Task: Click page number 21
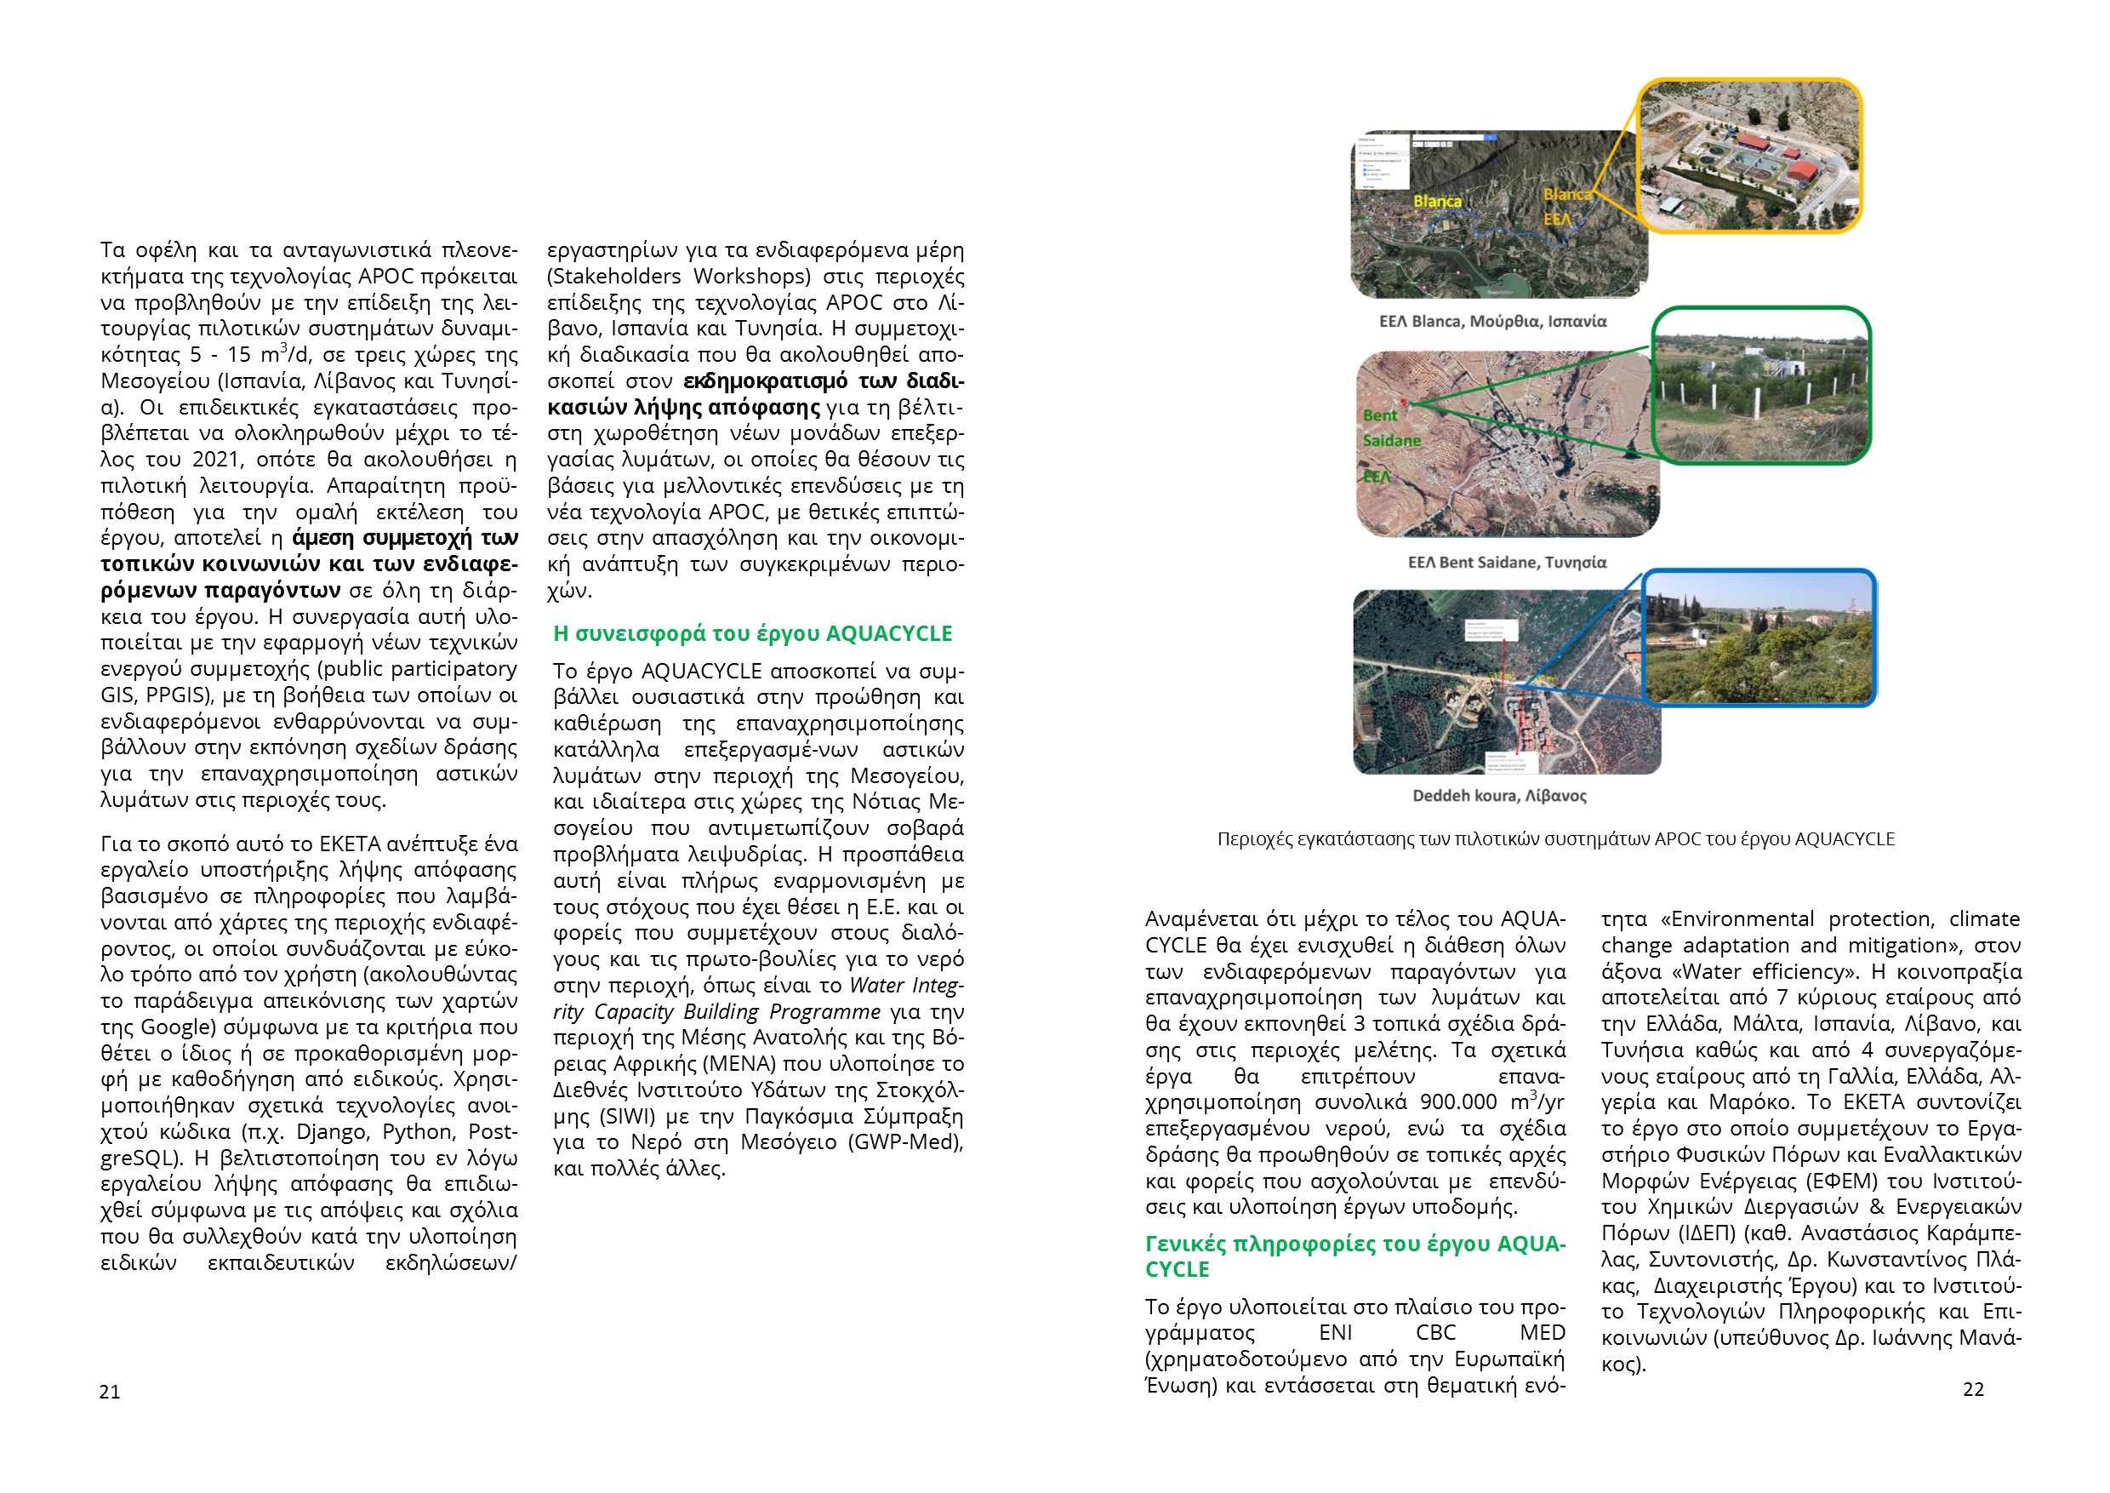[110, 1392]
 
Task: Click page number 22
[1972, 1389]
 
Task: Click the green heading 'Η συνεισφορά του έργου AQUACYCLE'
[752, 633]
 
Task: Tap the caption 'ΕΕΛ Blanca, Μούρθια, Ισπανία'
[1492, 321]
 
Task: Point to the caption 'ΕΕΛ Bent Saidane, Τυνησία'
[1507, 562]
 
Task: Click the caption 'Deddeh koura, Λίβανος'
[1499, 795]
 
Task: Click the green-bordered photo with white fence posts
[1761, 386]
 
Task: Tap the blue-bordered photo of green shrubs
[1758, 637]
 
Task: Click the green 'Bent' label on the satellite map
[1379, 415]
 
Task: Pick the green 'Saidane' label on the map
[1391, 440]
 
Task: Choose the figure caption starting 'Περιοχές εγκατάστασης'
[1555, 839]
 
